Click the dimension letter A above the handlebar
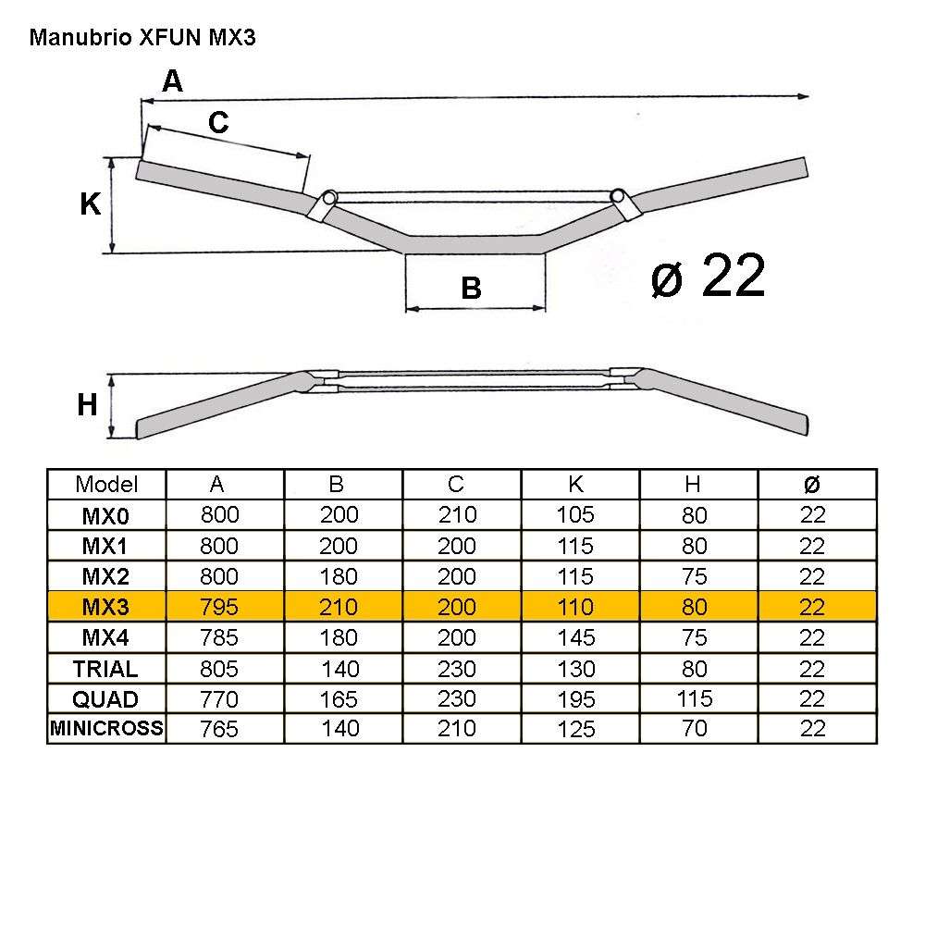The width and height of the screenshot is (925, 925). click(x=172, y=82)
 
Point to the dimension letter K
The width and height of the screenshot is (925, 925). click(x=90, y=203)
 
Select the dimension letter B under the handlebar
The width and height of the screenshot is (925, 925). click(x=471, y=290)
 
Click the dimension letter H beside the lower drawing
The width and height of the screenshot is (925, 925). click(x=87, y=404)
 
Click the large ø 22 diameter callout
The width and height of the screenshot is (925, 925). click(x=708, y=276)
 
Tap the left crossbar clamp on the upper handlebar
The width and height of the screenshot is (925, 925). click(x=326, y=203)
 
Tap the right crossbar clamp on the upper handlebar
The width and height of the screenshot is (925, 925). click(x=620, y=202)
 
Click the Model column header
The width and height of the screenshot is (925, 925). click(x=106, y=484)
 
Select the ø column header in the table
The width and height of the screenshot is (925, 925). click(x=811, y=484)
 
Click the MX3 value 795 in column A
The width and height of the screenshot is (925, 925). click(x=218, y=607)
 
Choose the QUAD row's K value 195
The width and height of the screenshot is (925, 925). click(x=575, y=699)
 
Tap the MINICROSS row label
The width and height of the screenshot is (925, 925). click(x=106, y=729)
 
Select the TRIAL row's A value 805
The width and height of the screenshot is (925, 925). click(x=218, y=669)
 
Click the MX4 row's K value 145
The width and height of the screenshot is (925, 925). click(x=575, y=638)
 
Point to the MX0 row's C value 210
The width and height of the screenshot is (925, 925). click(x=456, y=515)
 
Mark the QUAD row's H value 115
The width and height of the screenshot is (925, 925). click(x=694, y=699)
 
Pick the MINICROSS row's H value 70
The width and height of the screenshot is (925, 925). click(x=694, y=729)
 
